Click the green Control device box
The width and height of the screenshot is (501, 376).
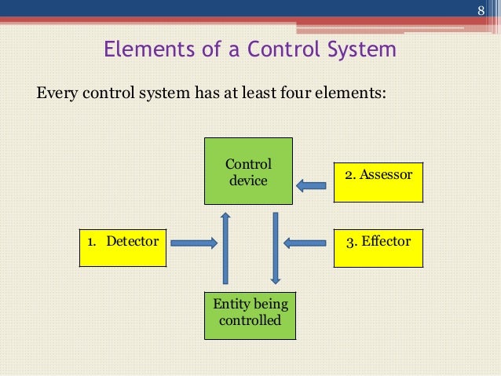click(248, 172)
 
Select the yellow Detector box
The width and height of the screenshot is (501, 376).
click(123, 246)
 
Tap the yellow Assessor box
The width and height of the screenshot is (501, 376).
click(378, 181)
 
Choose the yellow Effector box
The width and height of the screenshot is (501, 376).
click(378, 246)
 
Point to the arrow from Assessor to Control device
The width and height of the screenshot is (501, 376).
click(311, 185)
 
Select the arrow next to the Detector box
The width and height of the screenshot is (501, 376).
click(193, 243)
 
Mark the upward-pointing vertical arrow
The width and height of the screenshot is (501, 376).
click(225, 247)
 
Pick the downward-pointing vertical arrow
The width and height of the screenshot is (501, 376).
click(276, 247)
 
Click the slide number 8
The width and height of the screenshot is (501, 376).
click(483, 10)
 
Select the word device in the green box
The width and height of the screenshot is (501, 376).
click(248, 181)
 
